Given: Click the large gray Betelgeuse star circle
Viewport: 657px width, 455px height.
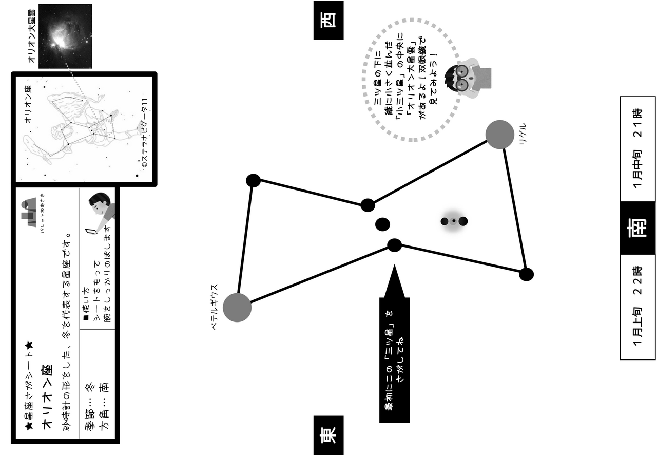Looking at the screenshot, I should click(x=237, y=308).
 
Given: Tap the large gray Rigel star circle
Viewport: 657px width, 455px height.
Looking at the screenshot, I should click(x=499, y=135).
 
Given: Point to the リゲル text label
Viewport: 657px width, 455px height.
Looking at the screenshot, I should click(x=523, y=135).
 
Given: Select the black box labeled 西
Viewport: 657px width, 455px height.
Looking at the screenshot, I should click(x=328, y=20).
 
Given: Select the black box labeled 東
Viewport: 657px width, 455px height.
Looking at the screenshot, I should click(x=328, y=435).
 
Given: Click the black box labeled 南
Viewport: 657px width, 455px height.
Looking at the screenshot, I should click(x=637, y=228).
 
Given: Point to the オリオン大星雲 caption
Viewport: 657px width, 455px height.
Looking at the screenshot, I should click(x=32, y=35).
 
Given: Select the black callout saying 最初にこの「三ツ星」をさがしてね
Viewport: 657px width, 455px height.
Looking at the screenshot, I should click(x=394, y=354).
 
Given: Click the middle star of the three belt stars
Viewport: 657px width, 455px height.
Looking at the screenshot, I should click(x=382, y=224).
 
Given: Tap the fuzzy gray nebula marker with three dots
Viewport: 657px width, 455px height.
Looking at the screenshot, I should click(x=454, y=221).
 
